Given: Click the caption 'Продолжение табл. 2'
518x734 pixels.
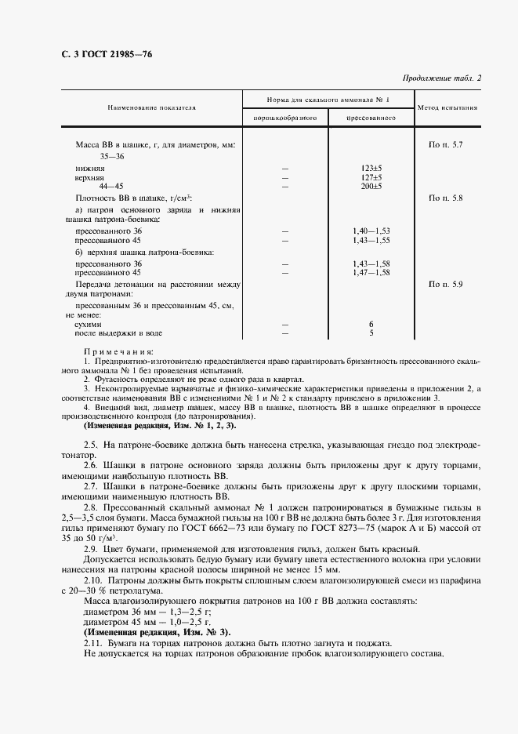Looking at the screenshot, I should tap(442, 78).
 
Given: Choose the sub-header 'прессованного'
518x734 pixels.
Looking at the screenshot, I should tap(371, 118).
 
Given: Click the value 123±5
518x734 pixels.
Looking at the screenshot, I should tap(371, 168).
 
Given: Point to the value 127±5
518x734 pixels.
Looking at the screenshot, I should tap(371, 177).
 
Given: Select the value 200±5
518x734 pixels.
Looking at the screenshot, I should tap(371, 187).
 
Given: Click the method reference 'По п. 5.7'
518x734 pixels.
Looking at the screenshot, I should tap(446, 145).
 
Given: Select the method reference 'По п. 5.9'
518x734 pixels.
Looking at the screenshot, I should tap(446, 282).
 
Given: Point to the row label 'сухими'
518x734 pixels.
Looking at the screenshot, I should tap(87, 324).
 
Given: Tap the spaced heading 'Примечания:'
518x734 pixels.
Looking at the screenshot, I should tap(118, 352).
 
